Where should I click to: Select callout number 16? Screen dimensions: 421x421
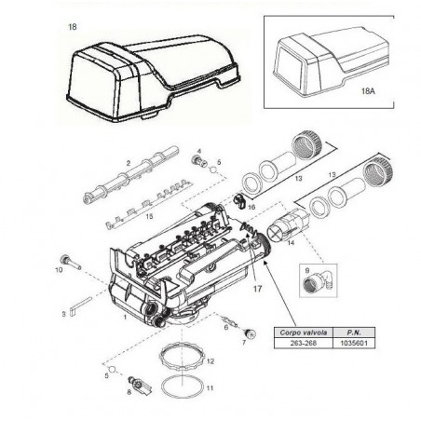point(251,206)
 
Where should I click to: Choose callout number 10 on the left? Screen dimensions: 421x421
point(59,270)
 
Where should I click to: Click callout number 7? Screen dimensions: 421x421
point(244,343)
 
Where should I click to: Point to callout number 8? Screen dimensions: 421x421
point(129,394)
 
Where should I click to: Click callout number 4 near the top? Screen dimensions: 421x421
point(198,149)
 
